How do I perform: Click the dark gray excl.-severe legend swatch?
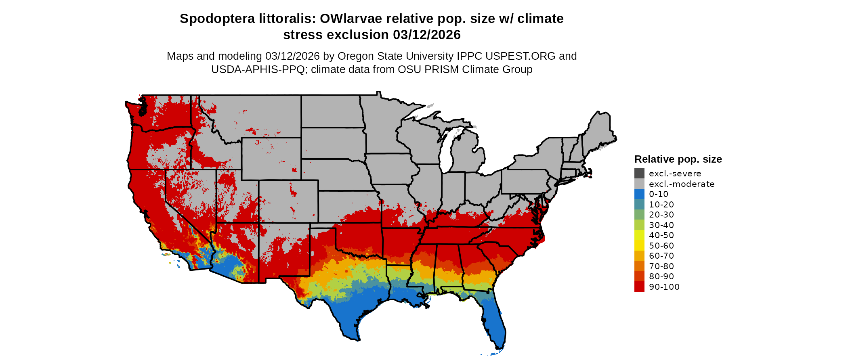(x=639, y=174)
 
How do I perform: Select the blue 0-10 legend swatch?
(x=639, y=194)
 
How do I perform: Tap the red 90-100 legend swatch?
(x=639, y=287)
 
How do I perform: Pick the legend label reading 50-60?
(x=661, y=246)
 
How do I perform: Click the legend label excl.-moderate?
(x=681, y=184)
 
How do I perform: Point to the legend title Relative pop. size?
(x=678, y=159)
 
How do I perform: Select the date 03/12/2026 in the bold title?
(x=427, y=35)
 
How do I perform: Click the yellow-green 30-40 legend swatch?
(x=639, y=225)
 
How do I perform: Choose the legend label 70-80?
(x=661, y=266)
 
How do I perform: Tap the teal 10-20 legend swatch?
(x=639, y=205)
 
